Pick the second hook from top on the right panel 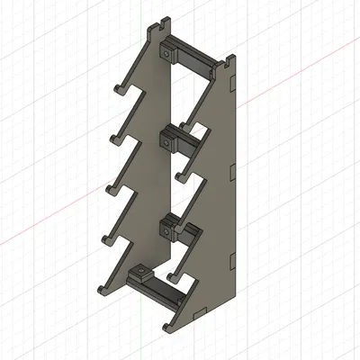click(181, 172)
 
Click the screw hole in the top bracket click(168, 54)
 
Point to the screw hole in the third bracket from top click(166, 230)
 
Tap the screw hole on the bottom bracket click(140, 271)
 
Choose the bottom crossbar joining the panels click(167, 292)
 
